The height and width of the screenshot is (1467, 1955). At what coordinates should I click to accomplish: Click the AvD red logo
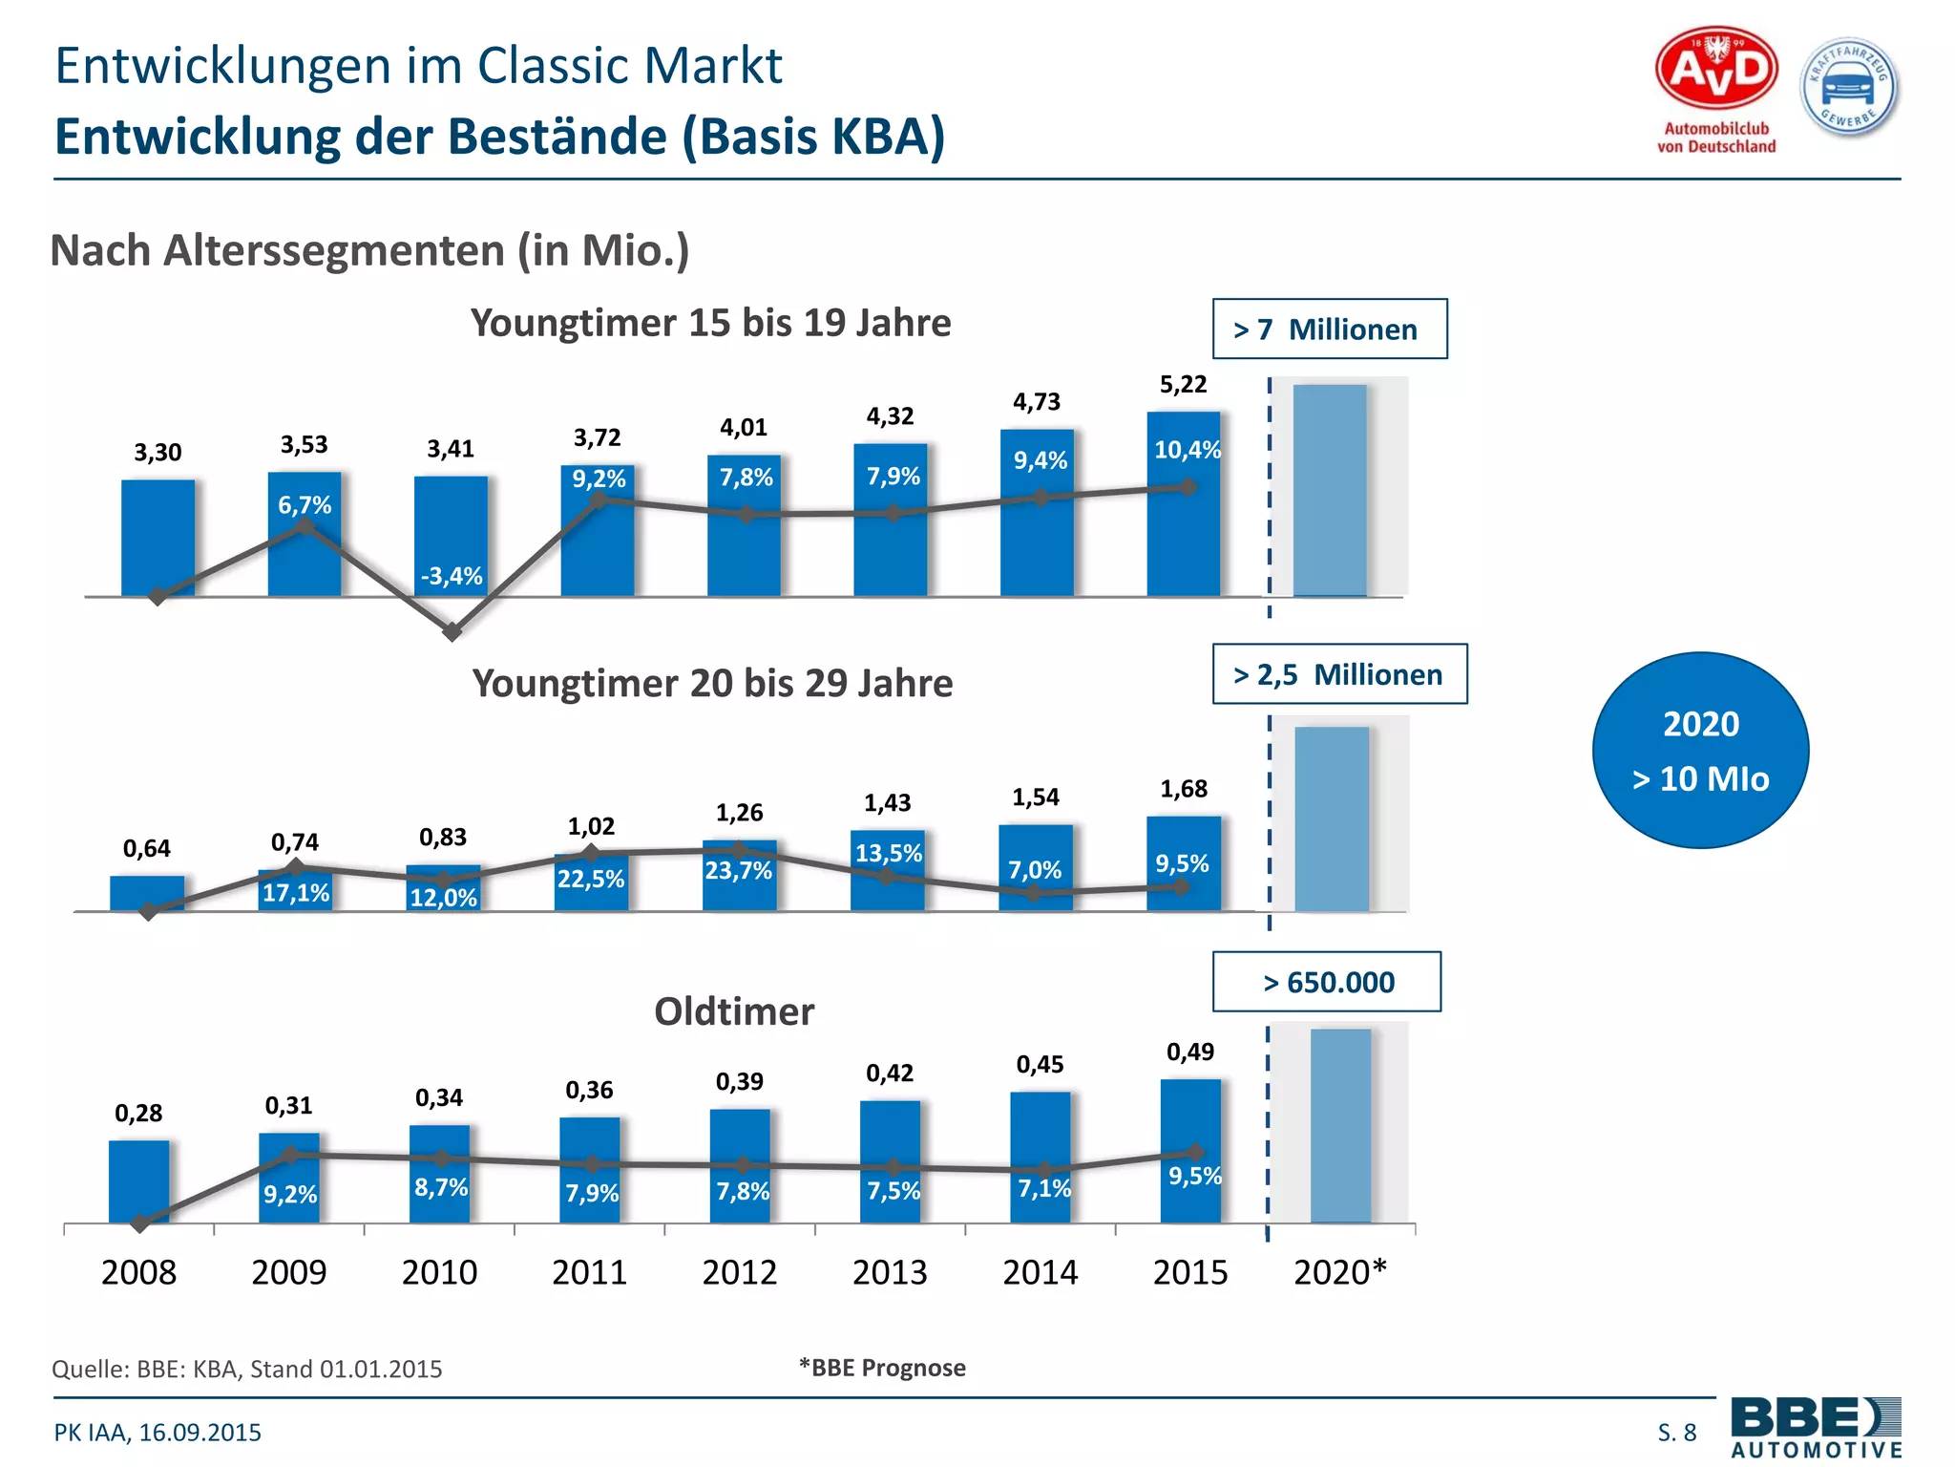click(x=1716, y=70)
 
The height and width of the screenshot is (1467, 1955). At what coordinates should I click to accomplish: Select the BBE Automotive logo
click(x=1816, y=1427)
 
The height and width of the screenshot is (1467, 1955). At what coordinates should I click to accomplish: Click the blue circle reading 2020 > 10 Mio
click(x=1700, y=751)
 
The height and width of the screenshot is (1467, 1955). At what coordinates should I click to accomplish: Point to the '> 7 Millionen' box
click(x=1329, y=330)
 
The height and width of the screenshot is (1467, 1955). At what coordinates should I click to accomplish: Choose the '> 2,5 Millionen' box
click(x=1338, y=674)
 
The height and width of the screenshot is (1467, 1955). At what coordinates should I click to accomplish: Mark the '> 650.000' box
click(x=1327, y=982)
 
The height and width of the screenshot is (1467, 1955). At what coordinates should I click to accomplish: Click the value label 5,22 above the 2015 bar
click(x=1183, y=385)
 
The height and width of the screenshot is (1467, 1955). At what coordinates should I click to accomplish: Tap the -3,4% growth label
click(x=452, y=576)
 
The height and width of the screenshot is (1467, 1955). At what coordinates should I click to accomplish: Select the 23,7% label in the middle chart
click(x=738, y=871)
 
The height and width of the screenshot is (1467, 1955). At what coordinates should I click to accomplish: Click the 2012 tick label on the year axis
click(x=740, y=1272)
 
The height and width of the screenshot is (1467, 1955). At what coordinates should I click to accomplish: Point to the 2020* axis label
click(x=1339, y=1272)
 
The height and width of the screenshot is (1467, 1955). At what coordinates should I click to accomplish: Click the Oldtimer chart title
click(x=734, y=1011)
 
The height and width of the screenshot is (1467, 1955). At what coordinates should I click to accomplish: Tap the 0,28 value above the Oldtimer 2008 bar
click(x=138, y=1113)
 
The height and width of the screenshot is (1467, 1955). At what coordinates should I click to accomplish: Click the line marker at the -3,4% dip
click(x=452, y=632)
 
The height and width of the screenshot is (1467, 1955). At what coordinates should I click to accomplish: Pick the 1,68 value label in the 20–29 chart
click(x=1184, y=789)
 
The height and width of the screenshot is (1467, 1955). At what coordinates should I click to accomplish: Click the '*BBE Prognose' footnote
click(x=882, y=1368)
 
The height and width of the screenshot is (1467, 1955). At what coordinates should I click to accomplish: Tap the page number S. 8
click(x=1676, y=1433)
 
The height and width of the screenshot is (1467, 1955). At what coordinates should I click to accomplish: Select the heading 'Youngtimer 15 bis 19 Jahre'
click(x=710, y=323)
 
